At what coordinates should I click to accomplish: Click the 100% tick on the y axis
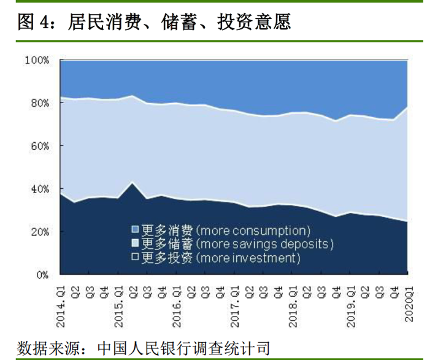(37, 60)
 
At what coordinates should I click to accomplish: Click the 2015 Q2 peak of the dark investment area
(131, 183)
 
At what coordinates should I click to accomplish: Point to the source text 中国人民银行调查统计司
(183, 347)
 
